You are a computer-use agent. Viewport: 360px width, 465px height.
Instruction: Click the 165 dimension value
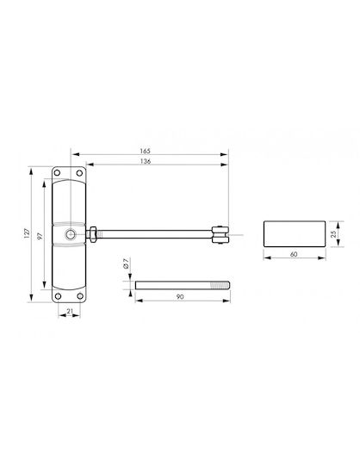click(145, 151)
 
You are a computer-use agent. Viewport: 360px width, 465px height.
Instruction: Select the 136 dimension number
click(146, 161)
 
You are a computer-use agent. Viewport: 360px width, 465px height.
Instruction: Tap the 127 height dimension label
click(27, 233)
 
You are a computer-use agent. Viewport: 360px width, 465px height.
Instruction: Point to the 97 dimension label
click(40, 236)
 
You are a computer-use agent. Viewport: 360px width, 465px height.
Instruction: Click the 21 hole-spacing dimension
click(70, 311)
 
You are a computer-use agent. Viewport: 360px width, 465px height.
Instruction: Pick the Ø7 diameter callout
click(126, 263)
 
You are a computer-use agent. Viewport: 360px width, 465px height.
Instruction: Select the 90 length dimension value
click(180, 296)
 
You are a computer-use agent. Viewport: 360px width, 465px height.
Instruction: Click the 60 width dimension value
click(294, 254)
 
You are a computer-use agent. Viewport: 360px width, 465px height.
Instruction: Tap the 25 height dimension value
click(333, 234)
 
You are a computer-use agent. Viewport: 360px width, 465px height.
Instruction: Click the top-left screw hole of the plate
click(58, 173)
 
